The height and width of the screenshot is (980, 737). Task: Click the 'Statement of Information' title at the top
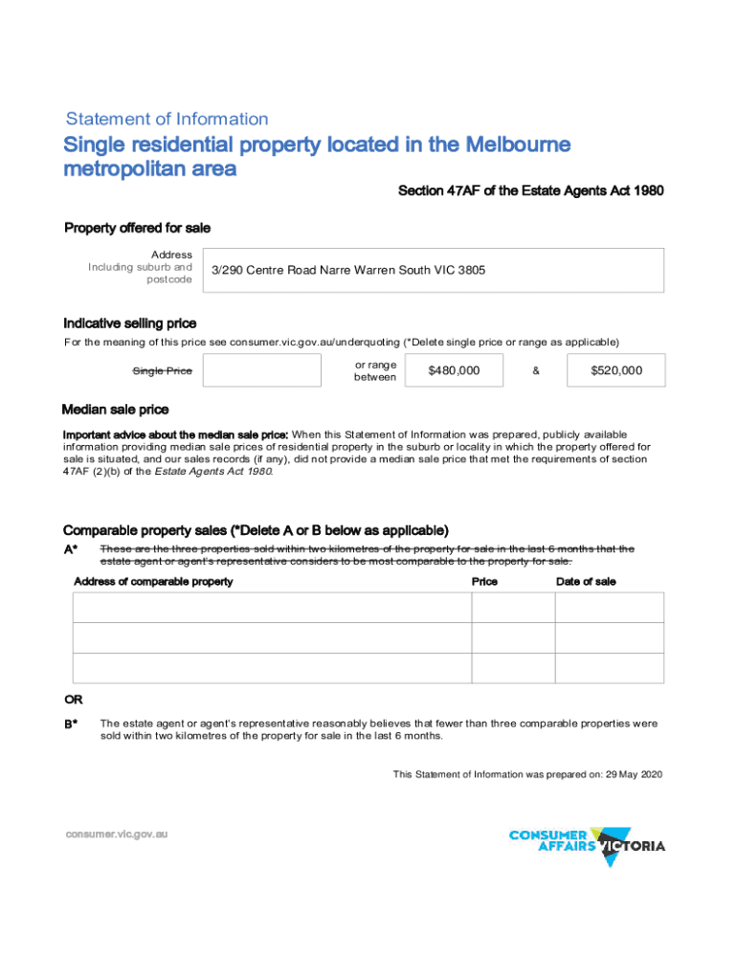pos(167,120)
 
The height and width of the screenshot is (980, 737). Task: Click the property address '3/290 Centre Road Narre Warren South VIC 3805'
pos(348,271)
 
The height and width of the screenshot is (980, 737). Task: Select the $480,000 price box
pos(454,370)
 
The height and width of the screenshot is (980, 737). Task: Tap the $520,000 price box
pos(615,370)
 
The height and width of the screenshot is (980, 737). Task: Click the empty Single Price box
pos(262,370)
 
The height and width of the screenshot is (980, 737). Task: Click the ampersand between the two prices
pos(535,370)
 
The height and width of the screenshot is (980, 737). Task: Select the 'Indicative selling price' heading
pos(129,323)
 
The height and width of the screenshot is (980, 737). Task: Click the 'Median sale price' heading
pos(115,410)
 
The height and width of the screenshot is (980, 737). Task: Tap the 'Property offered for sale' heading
pos(137,228)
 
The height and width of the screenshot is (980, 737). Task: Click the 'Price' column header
pos(484,582)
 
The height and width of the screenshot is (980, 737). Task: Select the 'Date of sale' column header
pos(586,582)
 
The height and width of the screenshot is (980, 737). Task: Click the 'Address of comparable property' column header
pos(153,582)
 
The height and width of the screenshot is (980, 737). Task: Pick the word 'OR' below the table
pos(73,700)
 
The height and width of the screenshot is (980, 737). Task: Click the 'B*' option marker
pos(71,724)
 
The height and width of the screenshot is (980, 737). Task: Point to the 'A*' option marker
pos(70,549)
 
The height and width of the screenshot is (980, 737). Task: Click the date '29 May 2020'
pos(634,774)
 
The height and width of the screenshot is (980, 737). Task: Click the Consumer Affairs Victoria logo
pos(587,844)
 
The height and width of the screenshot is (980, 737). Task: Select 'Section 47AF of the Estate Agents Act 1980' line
pos(530,191)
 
